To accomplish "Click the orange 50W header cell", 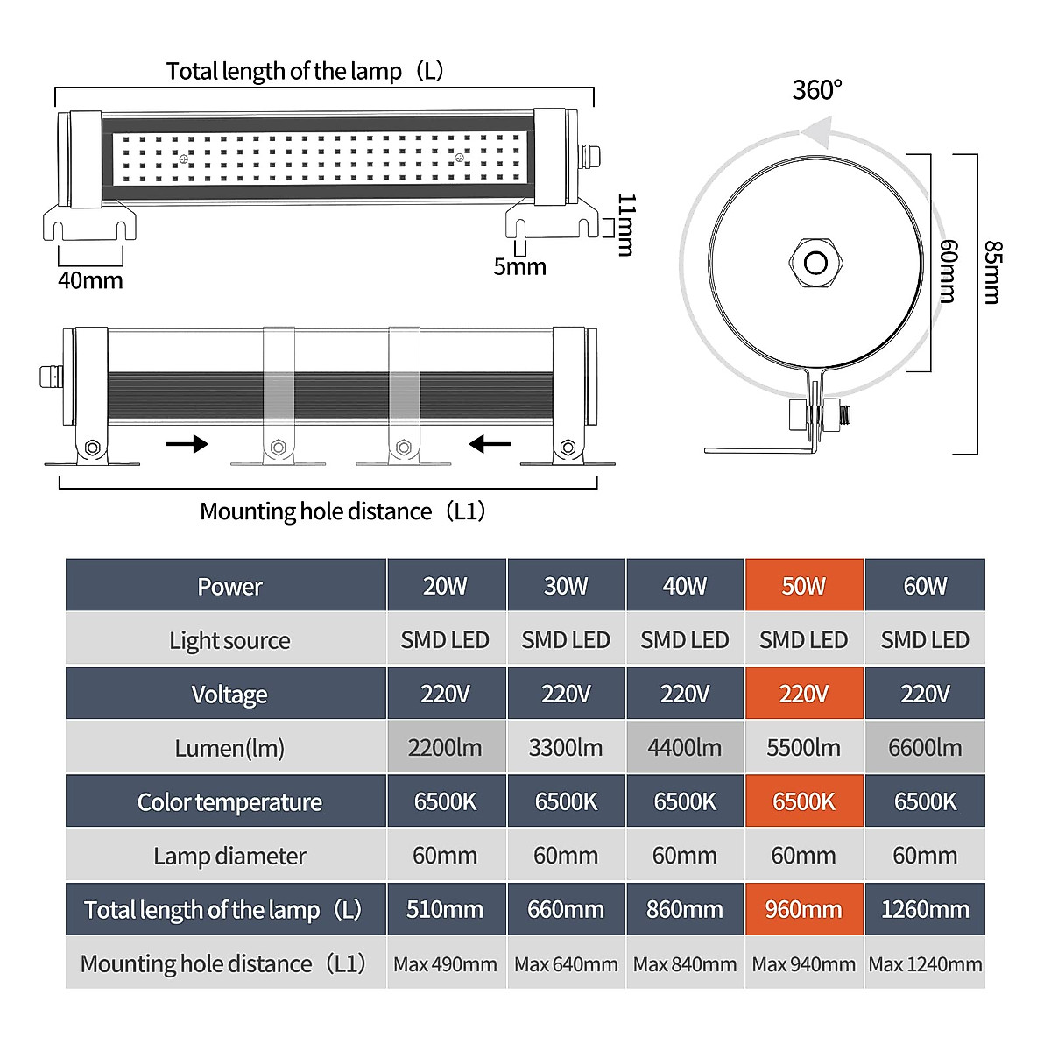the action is (803, 584).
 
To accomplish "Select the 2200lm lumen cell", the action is (445, 747).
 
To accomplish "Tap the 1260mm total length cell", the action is (925, 909).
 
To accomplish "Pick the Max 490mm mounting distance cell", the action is (445, 963).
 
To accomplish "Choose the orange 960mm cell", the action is (803, 909).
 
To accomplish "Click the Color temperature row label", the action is (229, 801).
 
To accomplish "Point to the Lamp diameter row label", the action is (229, 856).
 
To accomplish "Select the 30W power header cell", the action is (566, 584).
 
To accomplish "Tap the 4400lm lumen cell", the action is (685, 747).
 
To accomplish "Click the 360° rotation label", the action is (816, 90).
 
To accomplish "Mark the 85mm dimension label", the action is (993, 272).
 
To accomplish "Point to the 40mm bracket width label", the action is (90, 279).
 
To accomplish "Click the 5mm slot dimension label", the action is (519, 266).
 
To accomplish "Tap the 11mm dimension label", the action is (626, 224).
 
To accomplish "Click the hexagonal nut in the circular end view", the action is (816, 264).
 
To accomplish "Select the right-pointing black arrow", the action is (187, 444).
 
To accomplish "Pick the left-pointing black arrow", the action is (490, 444).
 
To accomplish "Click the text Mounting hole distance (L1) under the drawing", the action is (342, 511).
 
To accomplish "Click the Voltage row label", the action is (229, 694).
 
